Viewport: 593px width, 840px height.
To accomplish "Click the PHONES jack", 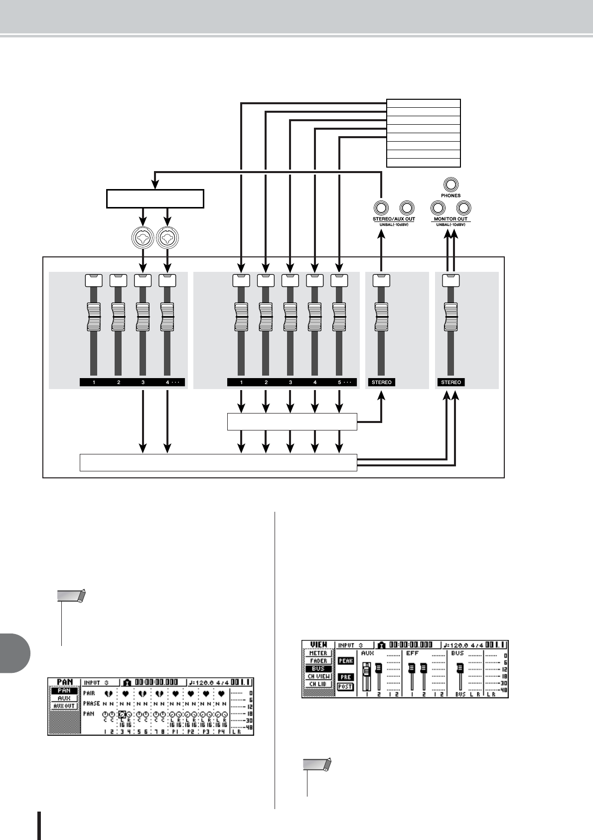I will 450,185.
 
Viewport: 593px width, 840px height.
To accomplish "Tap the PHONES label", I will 450,196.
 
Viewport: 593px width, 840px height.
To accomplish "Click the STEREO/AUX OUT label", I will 394,219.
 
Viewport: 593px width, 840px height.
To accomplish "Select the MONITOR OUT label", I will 450,219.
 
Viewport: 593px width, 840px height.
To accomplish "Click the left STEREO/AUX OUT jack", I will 381,208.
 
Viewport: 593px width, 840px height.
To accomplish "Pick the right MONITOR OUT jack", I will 464,208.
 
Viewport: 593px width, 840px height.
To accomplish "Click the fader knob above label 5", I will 339,317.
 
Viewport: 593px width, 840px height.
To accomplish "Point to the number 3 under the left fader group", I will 143,383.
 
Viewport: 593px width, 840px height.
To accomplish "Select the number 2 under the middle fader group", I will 266,383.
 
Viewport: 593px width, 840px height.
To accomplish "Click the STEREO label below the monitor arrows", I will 451,383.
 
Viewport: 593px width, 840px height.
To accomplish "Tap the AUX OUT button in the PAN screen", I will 64,706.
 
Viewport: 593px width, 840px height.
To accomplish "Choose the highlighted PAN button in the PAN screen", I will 64,691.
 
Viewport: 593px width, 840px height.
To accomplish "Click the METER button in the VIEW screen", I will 318,653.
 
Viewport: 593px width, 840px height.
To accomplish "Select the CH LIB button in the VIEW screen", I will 318,684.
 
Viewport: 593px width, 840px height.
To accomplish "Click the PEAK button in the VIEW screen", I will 346,661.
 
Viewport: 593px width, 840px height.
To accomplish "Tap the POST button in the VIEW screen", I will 345,686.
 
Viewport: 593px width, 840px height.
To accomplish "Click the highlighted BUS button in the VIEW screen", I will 318,668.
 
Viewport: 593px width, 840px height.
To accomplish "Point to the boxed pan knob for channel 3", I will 122,714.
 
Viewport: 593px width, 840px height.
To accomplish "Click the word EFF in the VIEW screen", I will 412,653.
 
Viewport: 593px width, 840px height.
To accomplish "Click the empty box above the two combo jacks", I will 155,199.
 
